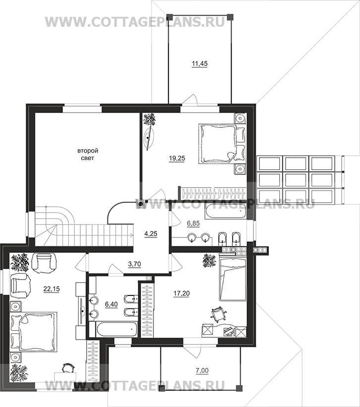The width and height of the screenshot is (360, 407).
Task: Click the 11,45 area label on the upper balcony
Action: [200, 63]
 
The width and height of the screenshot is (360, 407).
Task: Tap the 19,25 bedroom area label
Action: [177, 158]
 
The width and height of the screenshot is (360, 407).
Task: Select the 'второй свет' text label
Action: [88, 154]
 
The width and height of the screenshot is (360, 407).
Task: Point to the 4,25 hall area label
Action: [151, 233]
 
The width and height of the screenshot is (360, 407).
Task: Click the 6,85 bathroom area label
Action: [193, 223]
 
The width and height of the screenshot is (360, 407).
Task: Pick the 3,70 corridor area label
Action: [134, 264]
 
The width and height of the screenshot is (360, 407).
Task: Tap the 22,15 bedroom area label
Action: [51, 289]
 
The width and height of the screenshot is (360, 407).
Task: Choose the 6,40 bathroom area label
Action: [111, 304]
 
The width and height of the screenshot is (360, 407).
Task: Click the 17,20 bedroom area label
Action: [182, 293]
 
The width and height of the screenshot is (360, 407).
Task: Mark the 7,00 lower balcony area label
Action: [203, 371]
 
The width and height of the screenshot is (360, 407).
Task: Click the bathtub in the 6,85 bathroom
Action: [225, 212]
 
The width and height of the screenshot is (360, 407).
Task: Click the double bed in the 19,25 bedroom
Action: [222, 144]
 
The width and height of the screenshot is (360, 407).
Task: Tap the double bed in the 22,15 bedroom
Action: [33, 332]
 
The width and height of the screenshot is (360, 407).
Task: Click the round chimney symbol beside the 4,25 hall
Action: [140, 204]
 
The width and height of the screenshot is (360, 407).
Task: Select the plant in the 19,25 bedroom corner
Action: [150, 119]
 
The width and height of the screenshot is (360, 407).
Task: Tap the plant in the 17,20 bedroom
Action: [209, 260]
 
